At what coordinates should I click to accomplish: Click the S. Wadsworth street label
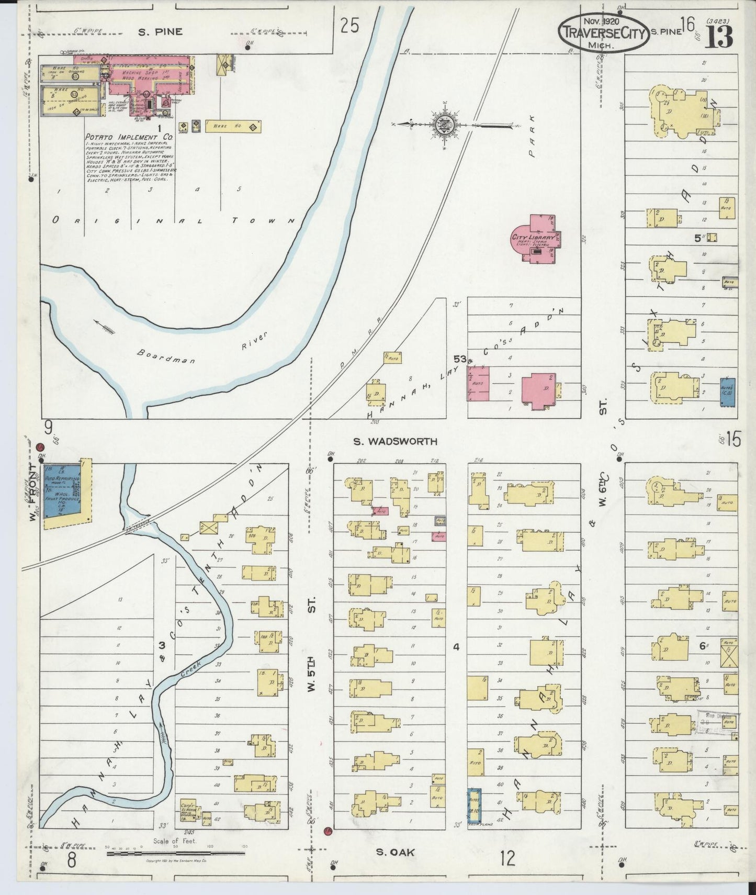(394, 441)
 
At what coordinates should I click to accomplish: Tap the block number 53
(460, 359)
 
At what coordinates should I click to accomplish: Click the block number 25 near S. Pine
(349, 25)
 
